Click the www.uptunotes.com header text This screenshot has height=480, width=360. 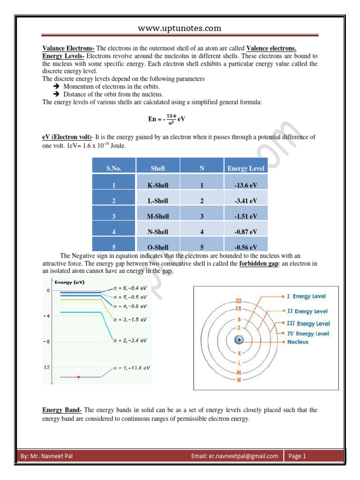coord(180,29)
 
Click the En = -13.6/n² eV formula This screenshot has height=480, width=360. coord(166,119)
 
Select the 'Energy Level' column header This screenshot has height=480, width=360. coord(246,168)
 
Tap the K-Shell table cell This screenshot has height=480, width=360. coord(157,185)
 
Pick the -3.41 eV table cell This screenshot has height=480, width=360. coord(246,201)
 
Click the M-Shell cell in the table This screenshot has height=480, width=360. coord(157,216)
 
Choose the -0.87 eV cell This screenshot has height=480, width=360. coord(246,232)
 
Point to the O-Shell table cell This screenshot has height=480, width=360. coord(157,247)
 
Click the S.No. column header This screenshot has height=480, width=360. coord(114,168)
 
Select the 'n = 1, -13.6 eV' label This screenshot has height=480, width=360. coord(132,367)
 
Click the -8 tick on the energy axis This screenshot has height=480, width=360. coord(47,341)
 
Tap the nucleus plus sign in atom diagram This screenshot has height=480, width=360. coord(240,339)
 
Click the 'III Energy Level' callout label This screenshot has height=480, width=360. coord(308,323)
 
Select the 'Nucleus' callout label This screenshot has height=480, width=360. coord(298,342)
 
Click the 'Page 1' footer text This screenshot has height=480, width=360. coord(298,456)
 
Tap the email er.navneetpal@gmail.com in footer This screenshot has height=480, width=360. coord(235,456)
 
